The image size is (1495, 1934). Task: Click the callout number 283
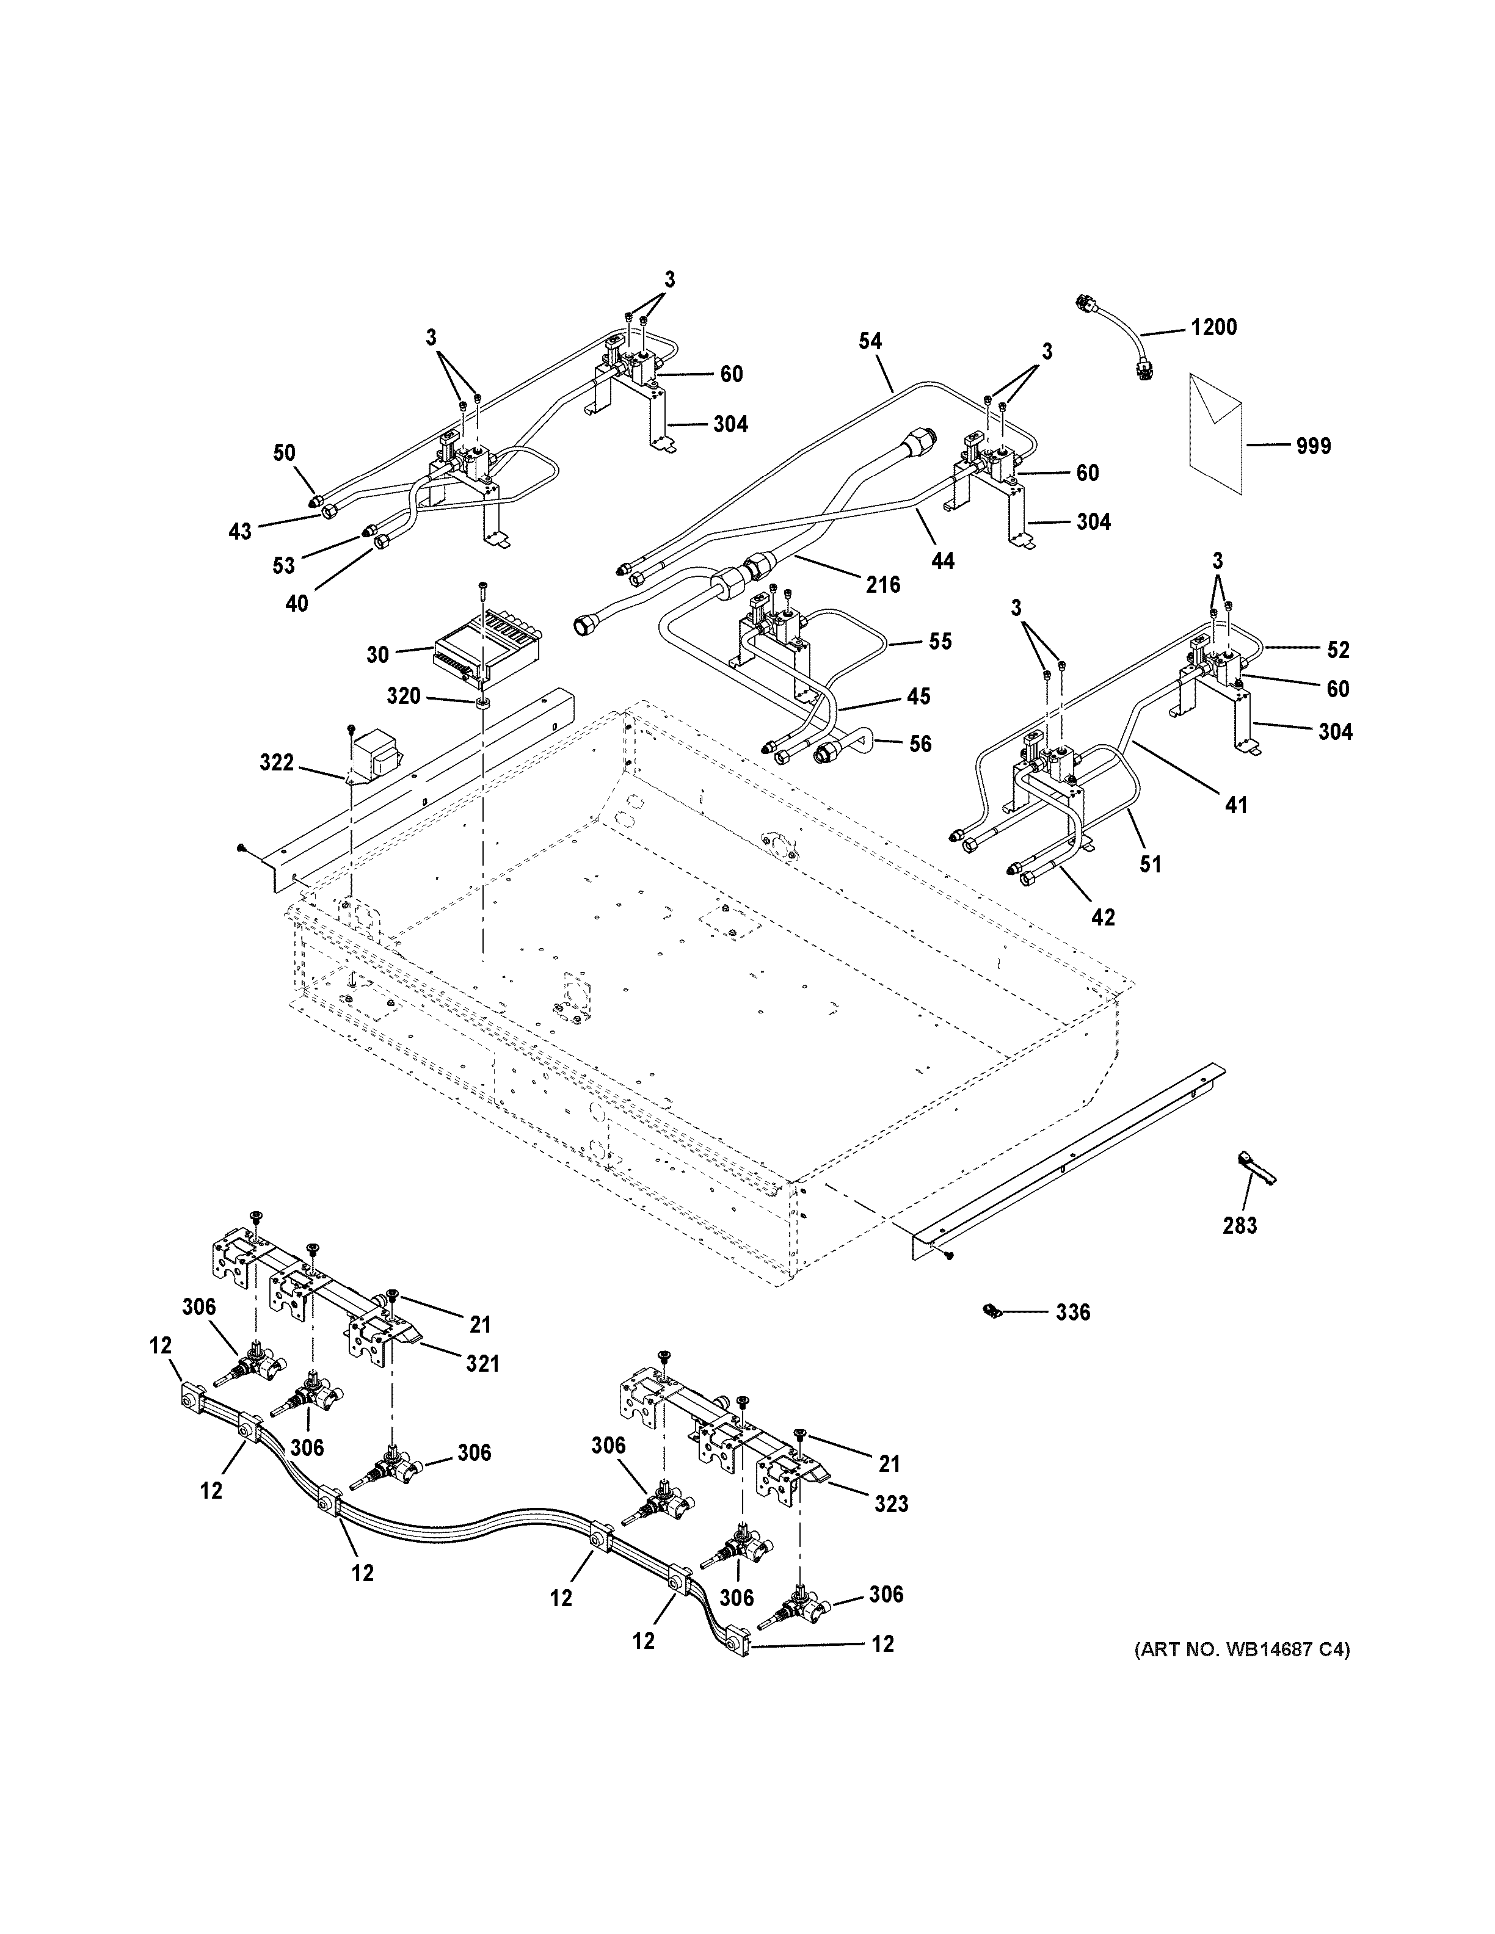point(1239,1226)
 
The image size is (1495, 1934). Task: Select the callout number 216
point(883,584)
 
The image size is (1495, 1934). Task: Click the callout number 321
point(482,1364)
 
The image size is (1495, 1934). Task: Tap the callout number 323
point(891,1504)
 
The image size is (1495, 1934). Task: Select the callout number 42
point(1103,918)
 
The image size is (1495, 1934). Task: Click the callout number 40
point(297,603)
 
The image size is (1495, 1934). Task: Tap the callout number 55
point(940,641)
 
